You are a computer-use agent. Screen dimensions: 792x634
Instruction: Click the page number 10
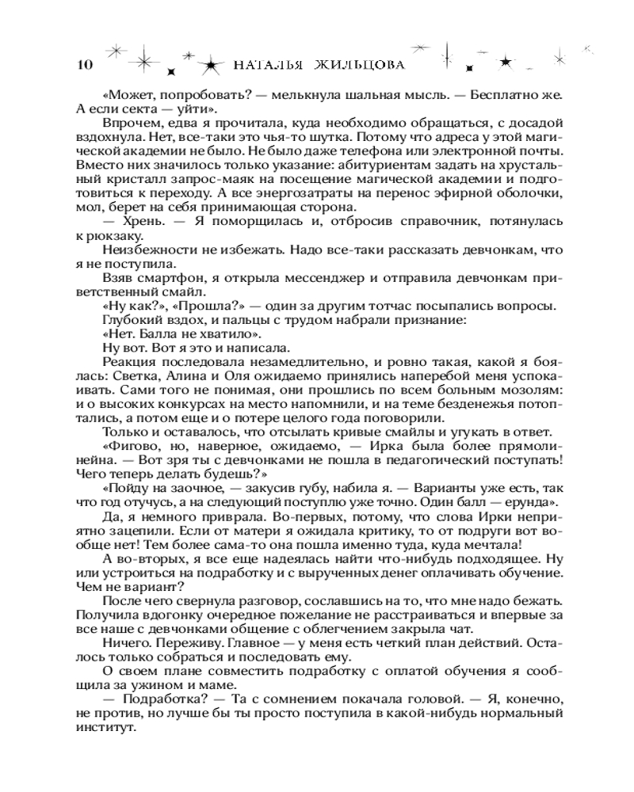coord(82,65)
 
